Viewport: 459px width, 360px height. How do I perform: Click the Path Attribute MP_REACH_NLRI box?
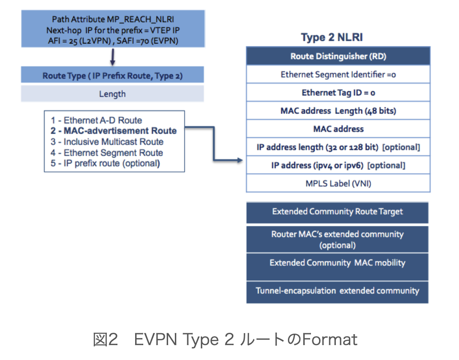(112, 30)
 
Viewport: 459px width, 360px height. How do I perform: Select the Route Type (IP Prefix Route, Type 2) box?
(112, 76)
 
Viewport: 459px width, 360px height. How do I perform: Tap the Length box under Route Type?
(112, 94)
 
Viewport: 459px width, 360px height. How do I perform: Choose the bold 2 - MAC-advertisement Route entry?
(114, 131)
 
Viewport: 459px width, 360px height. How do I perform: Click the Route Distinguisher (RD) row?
(338, 56)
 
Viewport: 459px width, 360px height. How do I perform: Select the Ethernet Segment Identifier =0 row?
(338, 75)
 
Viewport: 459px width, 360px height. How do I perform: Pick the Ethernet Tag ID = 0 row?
(338, 93)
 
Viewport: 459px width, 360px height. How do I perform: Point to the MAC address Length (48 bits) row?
(338, 111)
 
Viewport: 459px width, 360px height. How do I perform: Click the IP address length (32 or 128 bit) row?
(338, 147)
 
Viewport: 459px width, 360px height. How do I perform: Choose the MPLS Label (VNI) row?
(338, 183)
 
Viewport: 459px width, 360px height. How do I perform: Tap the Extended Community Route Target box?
(337, 212)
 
